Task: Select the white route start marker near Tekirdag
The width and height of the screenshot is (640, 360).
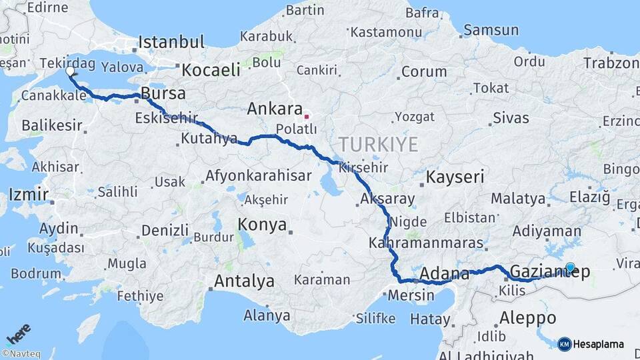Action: [x=70, y=71]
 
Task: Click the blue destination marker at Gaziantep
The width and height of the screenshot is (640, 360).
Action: [x=570, y=268]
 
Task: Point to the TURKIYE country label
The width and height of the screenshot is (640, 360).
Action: [x=378, y=144]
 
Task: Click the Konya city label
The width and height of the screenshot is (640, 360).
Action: [x=263, y=224]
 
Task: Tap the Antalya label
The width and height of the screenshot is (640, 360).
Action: [x=245, y=281]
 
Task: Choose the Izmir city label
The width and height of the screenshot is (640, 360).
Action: [x=28, y=195]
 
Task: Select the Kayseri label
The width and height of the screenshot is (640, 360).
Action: [x=455, y=177]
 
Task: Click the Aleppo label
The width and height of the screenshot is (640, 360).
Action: [x=527, y=317]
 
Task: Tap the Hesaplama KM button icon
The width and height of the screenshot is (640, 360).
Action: [x=564, y=344]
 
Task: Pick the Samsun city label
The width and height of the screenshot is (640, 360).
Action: [x=491, y=30]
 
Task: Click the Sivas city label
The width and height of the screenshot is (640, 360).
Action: [x=511, y=119]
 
